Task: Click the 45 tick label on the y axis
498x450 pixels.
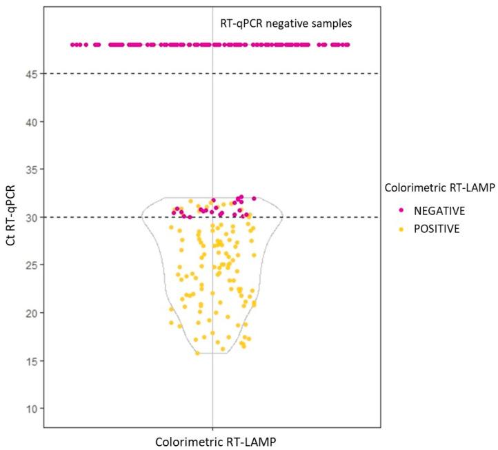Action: [30, 74]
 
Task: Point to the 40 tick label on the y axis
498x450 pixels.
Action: [30, 121]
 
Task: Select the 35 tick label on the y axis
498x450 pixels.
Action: [30, 169]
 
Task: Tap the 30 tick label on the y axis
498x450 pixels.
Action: [30, 217]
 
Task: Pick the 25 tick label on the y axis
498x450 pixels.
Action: [30, 265]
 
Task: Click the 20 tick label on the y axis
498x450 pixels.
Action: [30, 312]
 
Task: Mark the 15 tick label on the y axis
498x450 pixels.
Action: [30, 360]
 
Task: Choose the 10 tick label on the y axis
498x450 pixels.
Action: [30, 408]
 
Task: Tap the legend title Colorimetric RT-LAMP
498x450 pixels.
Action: [438, 187]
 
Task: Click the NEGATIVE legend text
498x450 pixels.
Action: [433, 210]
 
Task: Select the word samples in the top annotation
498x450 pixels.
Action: [331, 23]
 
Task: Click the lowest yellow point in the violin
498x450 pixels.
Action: [197, 354]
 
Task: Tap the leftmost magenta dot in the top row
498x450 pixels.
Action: [73, 45]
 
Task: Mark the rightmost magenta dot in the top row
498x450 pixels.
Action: [348, 45]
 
